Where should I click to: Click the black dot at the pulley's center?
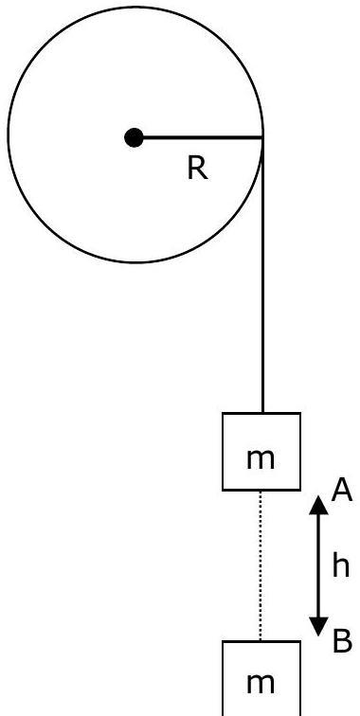tap(134, 137)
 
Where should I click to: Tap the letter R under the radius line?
tap(197, 169)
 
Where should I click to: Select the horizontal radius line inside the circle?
tap(199, 137)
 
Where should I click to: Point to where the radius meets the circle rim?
tap(262, 137)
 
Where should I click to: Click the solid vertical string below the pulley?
tap(262, 276)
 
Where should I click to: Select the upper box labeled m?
tap(261, 452)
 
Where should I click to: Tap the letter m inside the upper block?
tap(261, 459)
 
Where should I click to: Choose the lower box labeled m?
tap(261, 678)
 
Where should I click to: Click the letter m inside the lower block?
tap(261, 684)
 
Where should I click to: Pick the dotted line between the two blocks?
tap(261, 565)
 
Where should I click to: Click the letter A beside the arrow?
tap(342, 491)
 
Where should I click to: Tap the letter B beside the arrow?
tap(342, 640)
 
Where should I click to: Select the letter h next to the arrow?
tap(340, 565)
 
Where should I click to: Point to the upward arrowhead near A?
tap(319, 506)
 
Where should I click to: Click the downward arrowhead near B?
tap(319, 627)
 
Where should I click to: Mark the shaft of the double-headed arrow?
tap(319, 565)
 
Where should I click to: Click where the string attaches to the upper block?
tap(262, 413)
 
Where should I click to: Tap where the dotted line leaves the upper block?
tap(261, 492)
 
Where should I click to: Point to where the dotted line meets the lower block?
tap(261, 640)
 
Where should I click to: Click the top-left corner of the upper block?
tap(223, 413)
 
